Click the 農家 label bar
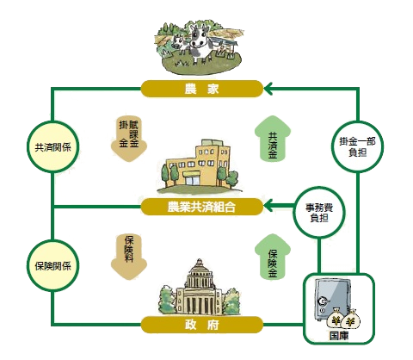click(x=202, y=89)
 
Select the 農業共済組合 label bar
click(x=202, y=207)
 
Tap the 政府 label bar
click(x=202, y=325)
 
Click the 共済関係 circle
click(x=52, y=146)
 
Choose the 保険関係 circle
click(x=52, y=265)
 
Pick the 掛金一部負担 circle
click(x=357, y=146)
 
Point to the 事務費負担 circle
click(x=319, y=213)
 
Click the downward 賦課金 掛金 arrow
click(x=129, y=139)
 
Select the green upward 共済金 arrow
click(x=273, y=139)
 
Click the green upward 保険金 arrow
click(x=273, y=257)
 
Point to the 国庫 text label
click(x=339, y=336)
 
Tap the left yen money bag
click(x=336, y=319)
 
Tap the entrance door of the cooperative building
click(x=192, y=180)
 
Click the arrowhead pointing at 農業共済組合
click(x=268, y=207)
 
